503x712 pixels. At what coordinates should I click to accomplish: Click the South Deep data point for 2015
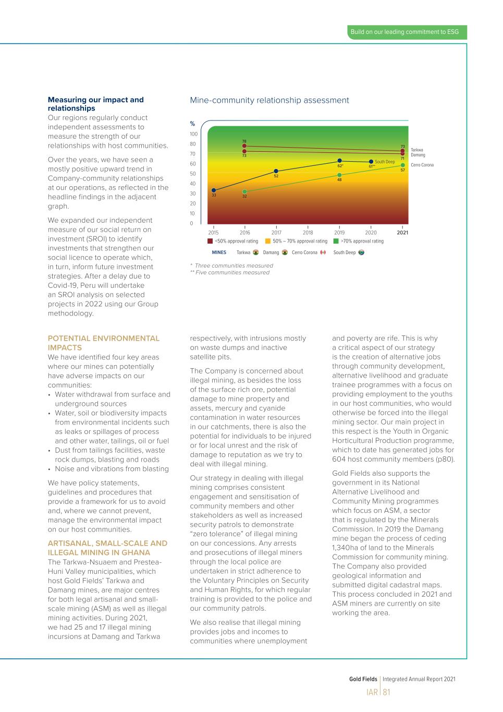214,190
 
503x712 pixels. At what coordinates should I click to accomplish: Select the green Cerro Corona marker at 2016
244,192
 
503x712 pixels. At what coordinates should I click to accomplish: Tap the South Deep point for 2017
276,171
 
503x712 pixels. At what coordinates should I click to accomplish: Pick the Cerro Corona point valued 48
339,175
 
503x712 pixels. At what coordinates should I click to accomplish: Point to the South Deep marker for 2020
371,162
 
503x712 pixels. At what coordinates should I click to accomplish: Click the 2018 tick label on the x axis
308,233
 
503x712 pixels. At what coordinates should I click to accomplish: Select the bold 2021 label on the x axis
402,233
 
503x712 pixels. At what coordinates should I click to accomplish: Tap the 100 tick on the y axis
193,134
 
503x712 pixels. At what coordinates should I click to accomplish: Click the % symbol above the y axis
192,124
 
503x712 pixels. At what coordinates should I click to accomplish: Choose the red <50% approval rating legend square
210,241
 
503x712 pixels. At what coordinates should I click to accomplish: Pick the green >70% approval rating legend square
336,241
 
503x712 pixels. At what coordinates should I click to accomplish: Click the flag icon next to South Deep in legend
361,252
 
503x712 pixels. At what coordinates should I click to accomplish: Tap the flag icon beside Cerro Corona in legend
323,252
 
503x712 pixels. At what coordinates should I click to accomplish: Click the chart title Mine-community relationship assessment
269,100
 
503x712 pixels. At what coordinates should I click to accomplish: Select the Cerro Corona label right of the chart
422,165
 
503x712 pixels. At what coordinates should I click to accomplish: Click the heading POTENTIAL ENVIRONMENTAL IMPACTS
104,343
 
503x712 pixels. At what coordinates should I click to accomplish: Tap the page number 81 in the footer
387,692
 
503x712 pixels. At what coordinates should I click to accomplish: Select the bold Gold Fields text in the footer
363,679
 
